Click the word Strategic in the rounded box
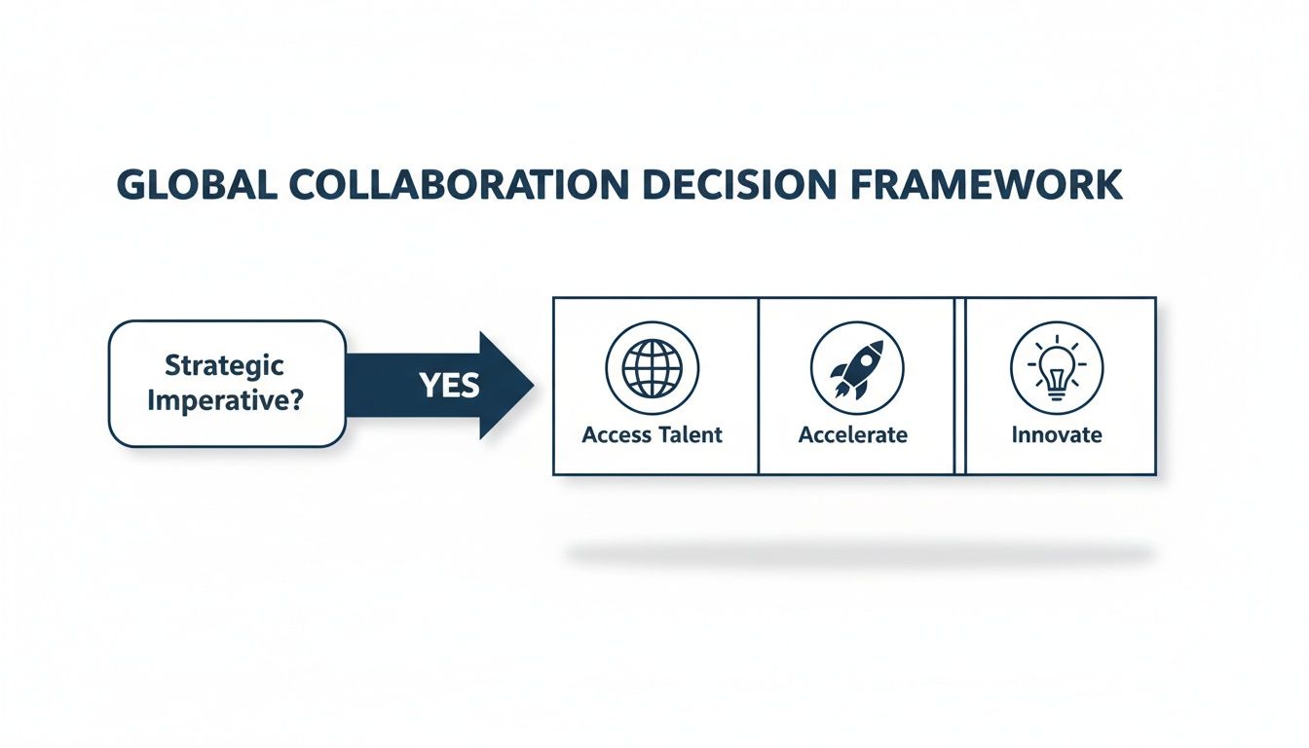point(225,366)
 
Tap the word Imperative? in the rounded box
point(225,401)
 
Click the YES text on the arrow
point(449,386)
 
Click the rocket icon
point(857,368)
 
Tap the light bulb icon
point(1057,368)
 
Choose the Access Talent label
point(652,434)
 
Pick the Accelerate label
point(853,434)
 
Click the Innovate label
point(1057,434)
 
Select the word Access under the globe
point(615,434)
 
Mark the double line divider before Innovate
point(959,386)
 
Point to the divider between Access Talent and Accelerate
point(758,386)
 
